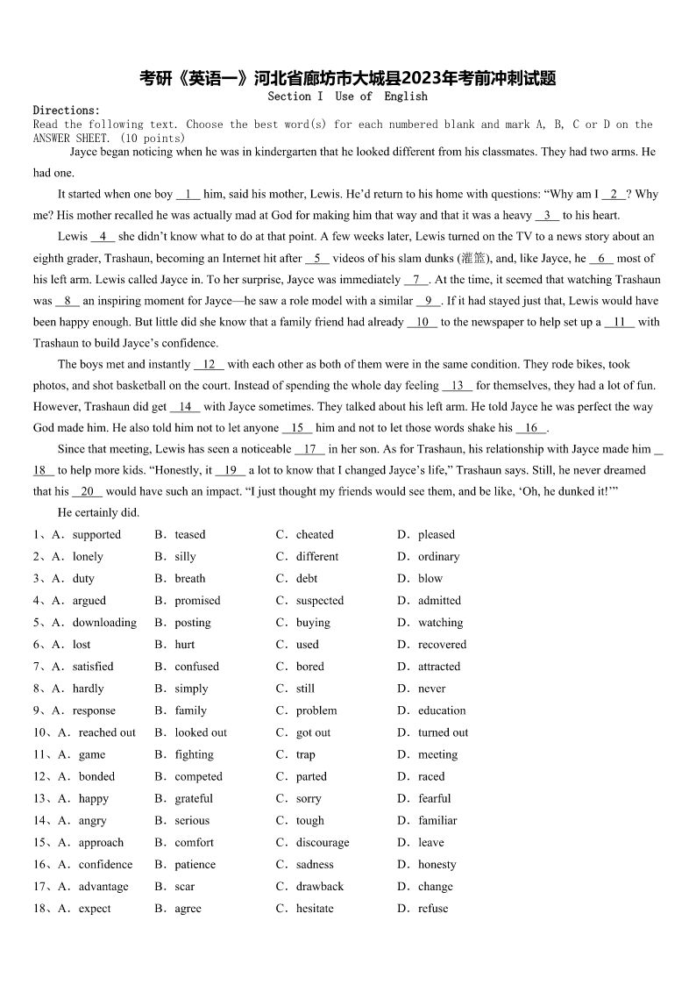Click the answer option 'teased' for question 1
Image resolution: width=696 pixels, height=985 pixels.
coord(189,534)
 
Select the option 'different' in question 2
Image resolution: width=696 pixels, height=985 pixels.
coord(316,556)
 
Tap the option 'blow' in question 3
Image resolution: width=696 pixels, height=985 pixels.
coord(430,578)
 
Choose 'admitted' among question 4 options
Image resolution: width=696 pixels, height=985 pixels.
coord(439,600)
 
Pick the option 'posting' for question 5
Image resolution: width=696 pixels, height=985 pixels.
coord(192,622)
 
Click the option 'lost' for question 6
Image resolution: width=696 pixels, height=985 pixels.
coord(82,644)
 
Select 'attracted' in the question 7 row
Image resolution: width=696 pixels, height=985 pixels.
coord(439,666)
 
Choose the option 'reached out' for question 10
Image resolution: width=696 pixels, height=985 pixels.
coord(107,732)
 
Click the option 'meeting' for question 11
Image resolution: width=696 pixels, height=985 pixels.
coord(437,754)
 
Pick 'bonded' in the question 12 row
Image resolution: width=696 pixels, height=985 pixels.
coord(96,776)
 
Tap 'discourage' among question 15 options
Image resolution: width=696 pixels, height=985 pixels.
coord(322,842)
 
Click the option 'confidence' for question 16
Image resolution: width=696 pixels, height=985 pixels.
coord(105,864)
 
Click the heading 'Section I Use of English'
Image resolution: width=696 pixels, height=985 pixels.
coord(347,96)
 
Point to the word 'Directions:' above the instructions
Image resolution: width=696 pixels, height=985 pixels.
coord(67,110)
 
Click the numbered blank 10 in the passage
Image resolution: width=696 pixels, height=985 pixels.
coord(422,322)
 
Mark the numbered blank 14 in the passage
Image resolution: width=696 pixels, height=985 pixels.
coord(185,406)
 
